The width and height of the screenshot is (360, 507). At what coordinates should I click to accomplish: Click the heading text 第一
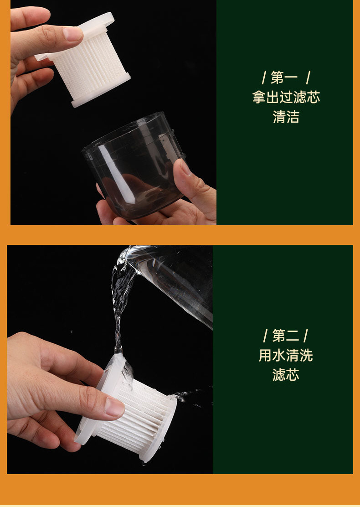coord(284,78)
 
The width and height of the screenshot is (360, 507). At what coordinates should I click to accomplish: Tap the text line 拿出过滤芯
coord(286,97)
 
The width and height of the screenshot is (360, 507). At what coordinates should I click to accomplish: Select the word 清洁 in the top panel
coord(286,117)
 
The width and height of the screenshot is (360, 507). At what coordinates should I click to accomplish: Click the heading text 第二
coord(286,336)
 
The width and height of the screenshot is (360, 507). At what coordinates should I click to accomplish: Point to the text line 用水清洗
coord(286,355)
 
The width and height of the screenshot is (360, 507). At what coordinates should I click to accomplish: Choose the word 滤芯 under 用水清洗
coord(286,375)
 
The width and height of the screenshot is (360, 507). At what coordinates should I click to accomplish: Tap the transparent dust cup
coord(133,165)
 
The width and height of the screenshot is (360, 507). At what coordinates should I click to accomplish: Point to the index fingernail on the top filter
coord(72,34)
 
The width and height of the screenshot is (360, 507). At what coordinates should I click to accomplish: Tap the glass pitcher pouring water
coord(171,281)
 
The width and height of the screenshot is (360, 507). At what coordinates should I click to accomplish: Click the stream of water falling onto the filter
coord(119,310)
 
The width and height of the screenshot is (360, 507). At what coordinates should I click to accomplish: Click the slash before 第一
coord(264,78)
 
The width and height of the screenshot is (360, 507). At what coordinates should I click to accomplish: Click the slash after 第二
coord(305,336)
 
